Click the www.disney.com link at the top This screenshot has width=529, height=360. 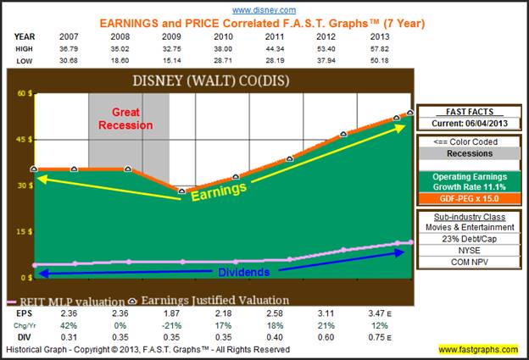[x=263, y=9]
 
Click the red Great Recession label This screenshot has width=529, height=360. [x=125, y=119]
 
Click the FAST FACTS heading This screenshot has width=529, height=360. [x=469, y=112]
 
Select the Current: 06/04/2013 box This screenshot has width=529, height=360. [x=469, y=125]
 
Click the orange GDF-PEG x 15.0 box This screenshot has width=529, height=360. [x=469, y=198]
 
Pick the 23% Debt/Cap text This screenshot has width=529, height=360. [x=469, y=239]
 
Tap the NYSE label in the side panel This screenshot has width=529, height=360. [x=469, y=251]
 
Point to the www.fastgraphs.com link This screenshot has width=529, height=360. [x=480, y=349]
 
